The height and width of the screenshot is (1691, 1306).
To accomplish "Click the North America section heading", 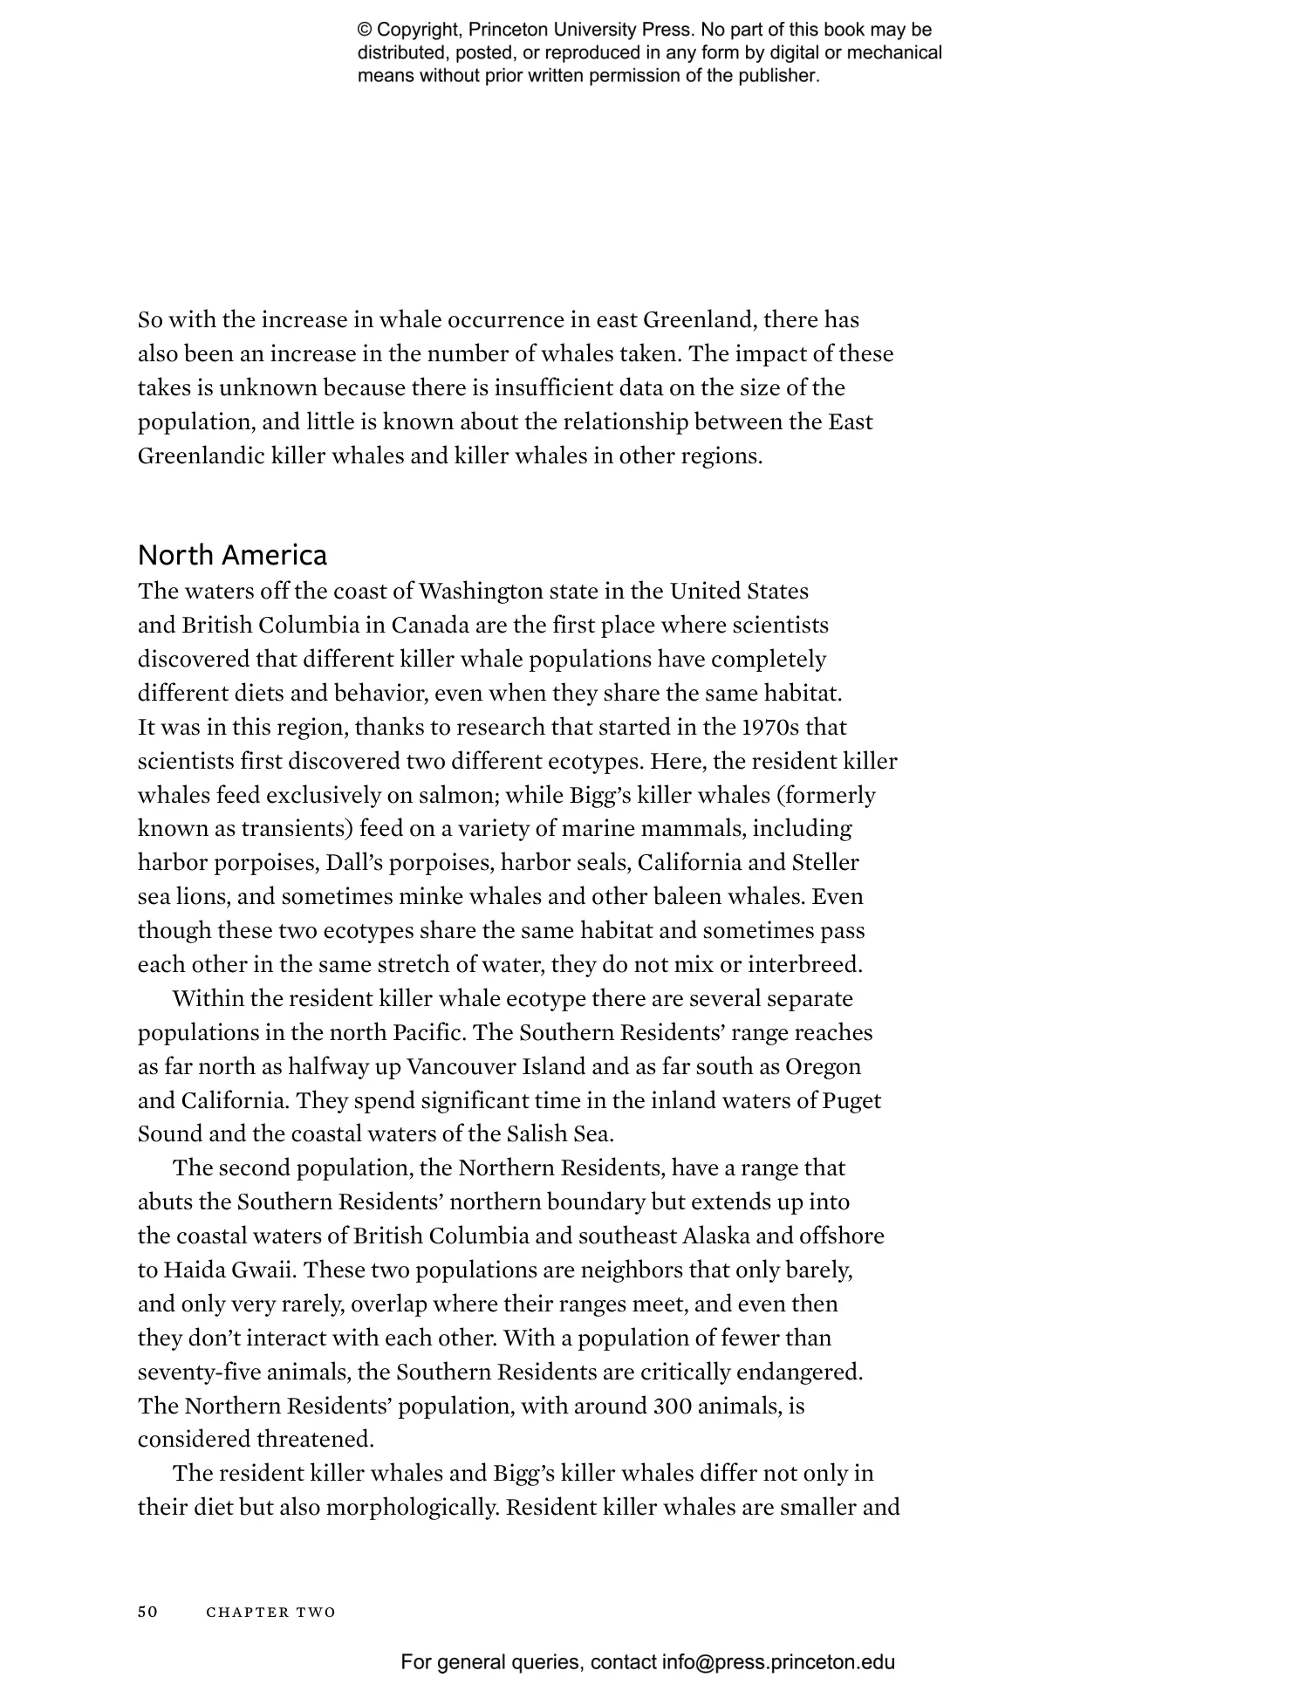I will tap(232, 555).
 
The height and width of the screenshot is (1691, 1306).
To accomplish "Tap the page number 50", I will tap(147, 1612).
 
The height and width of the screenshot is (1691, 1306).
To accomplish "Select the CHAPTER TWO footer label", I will tap(270, 1612).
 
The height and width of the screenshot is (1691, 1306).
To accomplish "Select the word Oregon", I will tap(823, 1066).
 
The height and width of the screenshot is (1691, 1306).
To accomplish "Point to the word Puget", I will tap(851, 1100).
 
